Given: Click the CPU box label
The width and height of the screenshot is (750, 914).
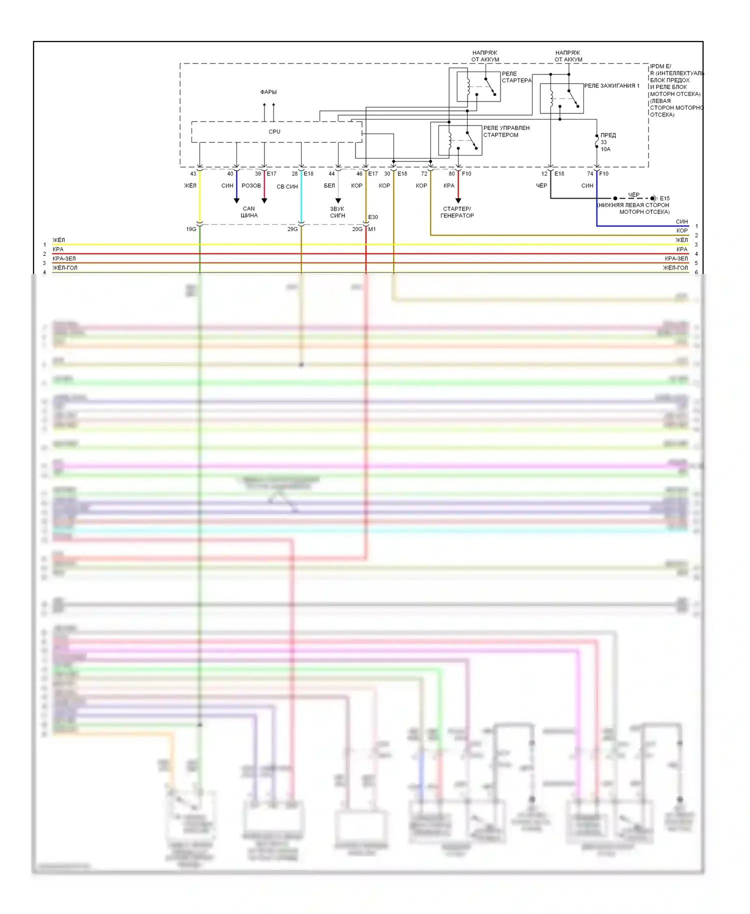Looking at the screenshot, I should (274, 131).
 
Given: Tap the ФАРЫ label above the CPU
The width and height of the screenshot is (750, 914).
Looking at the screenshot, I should (268, 92).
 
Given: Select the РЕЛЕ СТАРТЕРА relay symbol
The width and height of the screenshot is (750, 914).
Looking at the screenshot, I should (478, 86).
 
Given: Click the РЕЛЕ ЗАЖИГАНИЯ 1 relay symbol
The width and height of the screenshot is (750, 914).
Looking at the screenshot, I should (561, 98).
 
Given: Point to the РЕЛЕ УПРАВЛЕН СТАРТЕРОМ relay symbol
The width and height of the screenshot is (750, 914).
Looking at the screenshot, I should (460, 140).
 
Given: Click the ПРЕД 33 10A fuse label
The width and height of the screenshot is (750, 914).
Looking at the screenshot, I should (607, 142).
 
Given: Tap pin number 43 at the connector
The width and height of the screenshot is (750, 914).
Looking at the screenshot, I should (193, 174).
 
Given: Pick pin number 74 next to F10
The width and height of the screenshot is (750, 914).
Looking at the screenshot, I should (590, 174).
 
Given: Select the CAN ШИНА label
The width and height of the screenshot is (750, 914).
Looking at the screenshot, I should (249, 212).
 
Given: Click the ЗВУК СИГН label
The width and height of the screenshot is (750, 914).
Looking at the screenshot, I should (337, 212).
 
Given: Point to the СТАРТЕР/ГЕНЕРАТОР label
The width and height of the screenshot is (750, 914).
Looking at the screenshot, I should (457, 212).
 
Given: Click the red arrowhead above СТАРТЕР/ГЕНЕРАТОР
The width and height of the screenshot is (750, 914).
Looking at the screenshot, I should (458, 200).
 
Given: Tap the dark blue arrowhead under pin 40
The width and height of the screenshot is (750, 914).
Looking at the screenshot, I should (236, 200).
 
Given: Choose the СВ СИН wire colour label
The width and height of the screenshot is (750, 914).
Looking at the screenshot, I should (287, 186).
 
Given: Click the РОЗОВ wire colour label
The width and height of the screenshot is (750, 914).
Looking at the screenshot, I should (251, 185).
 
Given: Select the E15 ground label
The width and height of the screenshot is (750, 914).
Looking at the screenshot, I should (664, 198).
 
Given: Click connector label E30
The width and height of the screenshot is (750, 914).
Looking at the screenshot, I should (373, 217).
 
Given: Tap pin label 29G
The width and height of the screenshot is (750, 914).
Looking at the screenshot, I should (292, 229).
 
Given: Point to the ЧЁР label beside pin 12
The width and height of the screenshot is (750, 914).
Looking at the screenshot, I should (541, 185).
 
